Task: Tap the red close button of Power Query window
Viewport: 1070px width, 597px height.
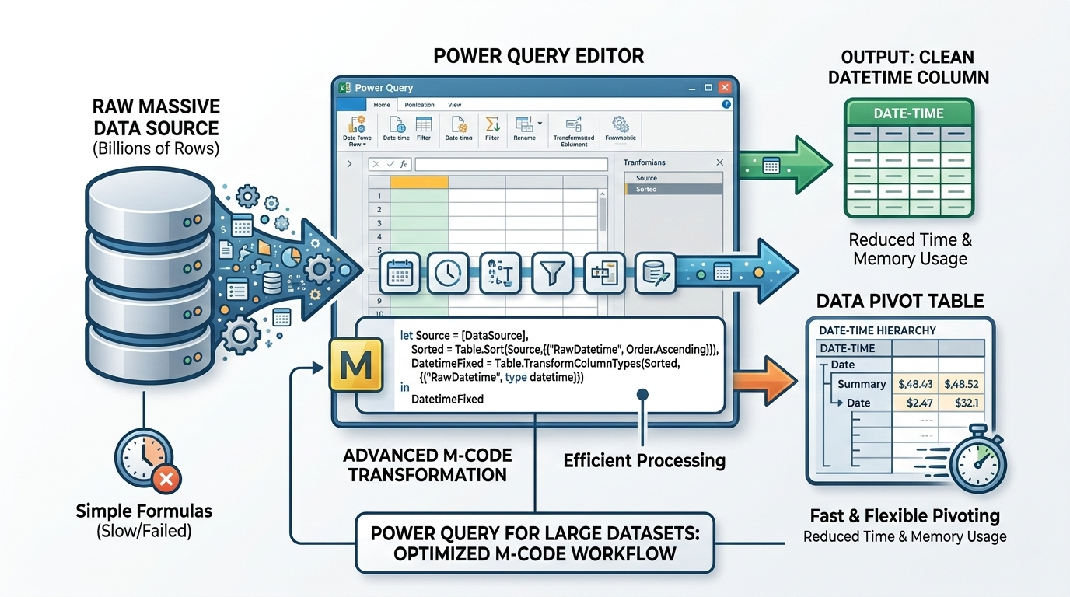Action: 725,88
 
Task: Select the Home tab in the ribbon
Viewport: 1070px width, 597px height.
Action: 381,105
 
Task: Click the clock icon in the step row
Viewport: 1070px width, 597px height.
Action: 449,273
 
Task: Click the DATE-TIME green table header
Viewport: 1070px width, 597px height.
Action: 908,113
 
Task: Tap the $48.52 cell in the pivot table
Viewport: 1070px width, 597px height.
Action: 960,384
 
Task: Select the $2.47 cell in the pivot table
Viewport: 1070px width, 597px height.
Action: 914,403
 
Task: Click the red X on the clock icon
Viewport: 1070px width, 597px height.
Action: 165,479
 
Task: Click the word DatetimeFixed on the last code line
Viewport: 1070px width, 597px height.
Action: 447,399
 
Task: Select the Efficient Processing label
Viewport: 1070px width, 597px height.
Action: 644,460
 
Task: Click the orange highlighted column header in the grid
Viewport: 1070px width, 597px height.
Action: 419,182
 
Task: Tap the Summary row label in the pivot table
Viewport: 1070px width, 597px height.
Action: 861,384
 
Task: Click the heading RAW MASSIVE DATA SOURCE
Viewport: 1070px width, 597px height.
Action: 156,117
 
